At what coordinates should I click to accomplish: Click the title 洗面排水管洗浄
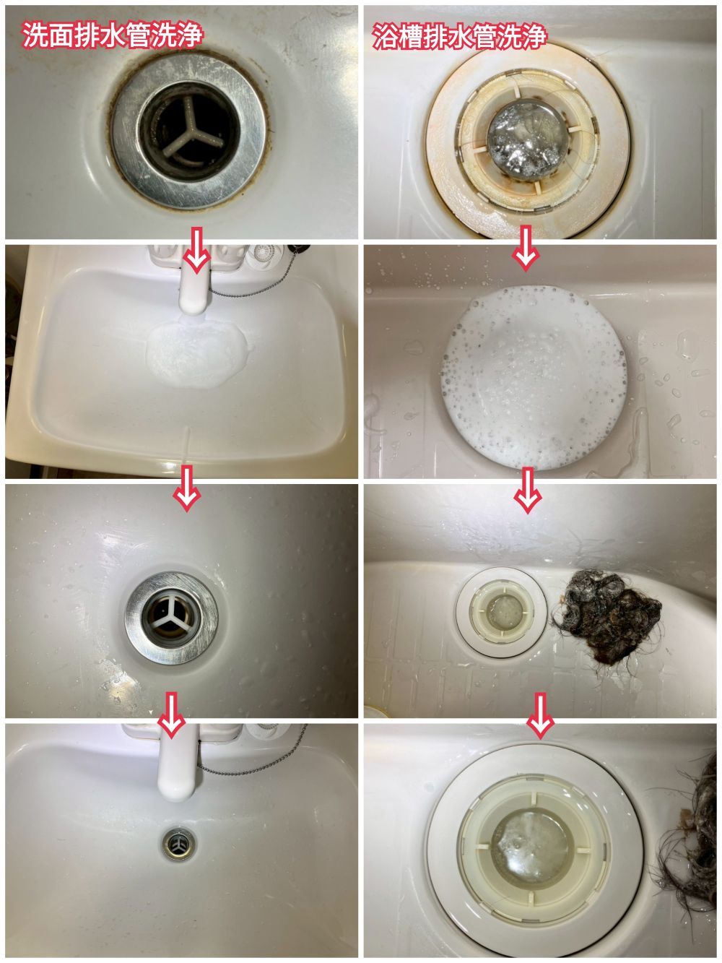click(x=112, y=35)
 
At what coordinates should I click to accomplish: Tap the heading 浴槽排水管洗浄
click(x=459, y=36)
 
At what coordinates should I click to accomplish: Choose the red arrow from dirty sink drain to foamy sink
click(x=196, y=251)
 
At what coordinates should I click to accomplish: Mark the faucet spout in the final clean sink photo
click(x=178, y=764)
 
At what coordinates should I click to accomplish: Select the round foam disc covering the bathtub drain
click(x=534, y=377)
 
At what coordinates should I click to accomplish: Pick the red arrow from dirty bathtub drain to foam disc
click(x=526, y=249)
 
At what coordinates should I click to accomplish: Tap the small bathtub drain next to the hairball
click(x=500, y=611)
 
